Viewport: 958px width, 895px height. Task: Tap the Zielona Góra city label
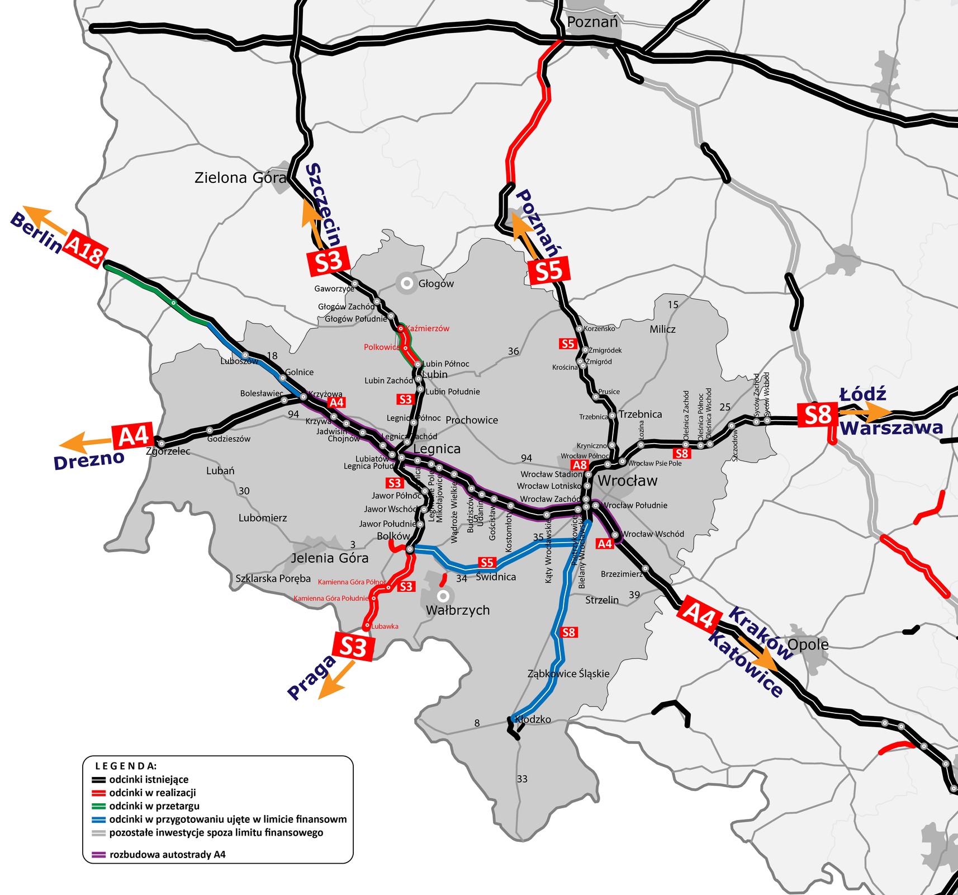pyautogui.click(x=240, y=178)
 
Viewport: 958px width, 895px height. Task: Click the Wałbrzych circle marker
pyautogui.click(x=443, y=595)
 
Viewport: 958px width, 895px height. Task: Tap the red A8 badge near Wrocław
pyautogui.click(x=580, y=465)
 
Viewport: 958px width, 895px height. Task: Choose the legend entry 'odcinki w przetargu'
pyautogui.click(x=154, y=806)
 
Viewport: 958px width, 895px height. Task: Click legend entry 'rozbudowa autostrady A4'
pyautogui.click(x=167, y=855)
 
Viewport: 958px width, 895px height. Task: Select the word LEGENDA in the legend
pyautogui.click(x=126, y=766)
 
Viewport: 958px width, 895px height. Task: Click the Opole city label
pyautogui.click(x=808, y=645)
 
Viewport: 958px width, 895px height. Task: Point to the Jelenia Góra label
pyautogui.click(x=329, y=558)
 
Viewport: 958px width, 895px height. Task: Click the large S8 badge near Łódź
pyautogui.click(x=817, y=415)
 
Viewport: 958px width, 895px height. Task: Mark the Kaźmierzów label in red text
pyautogui.click(x=428, y=329)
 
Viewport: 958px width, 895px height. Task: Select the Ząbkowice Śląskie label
pyautogui.click(x=568, y=673)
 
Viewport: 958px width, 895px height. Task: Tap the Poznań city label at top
pyautogui.click(x=592, y=22)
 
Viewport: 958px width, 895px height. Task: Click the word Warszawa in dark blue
pyautogui.click(x=891, y=428)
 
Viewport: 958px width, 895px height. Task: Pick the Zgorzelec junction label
pyautogui.click(x=168, y=451)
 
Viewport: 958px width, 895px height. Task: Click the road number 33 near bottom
pyautogui.click(x=522, y=779)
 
